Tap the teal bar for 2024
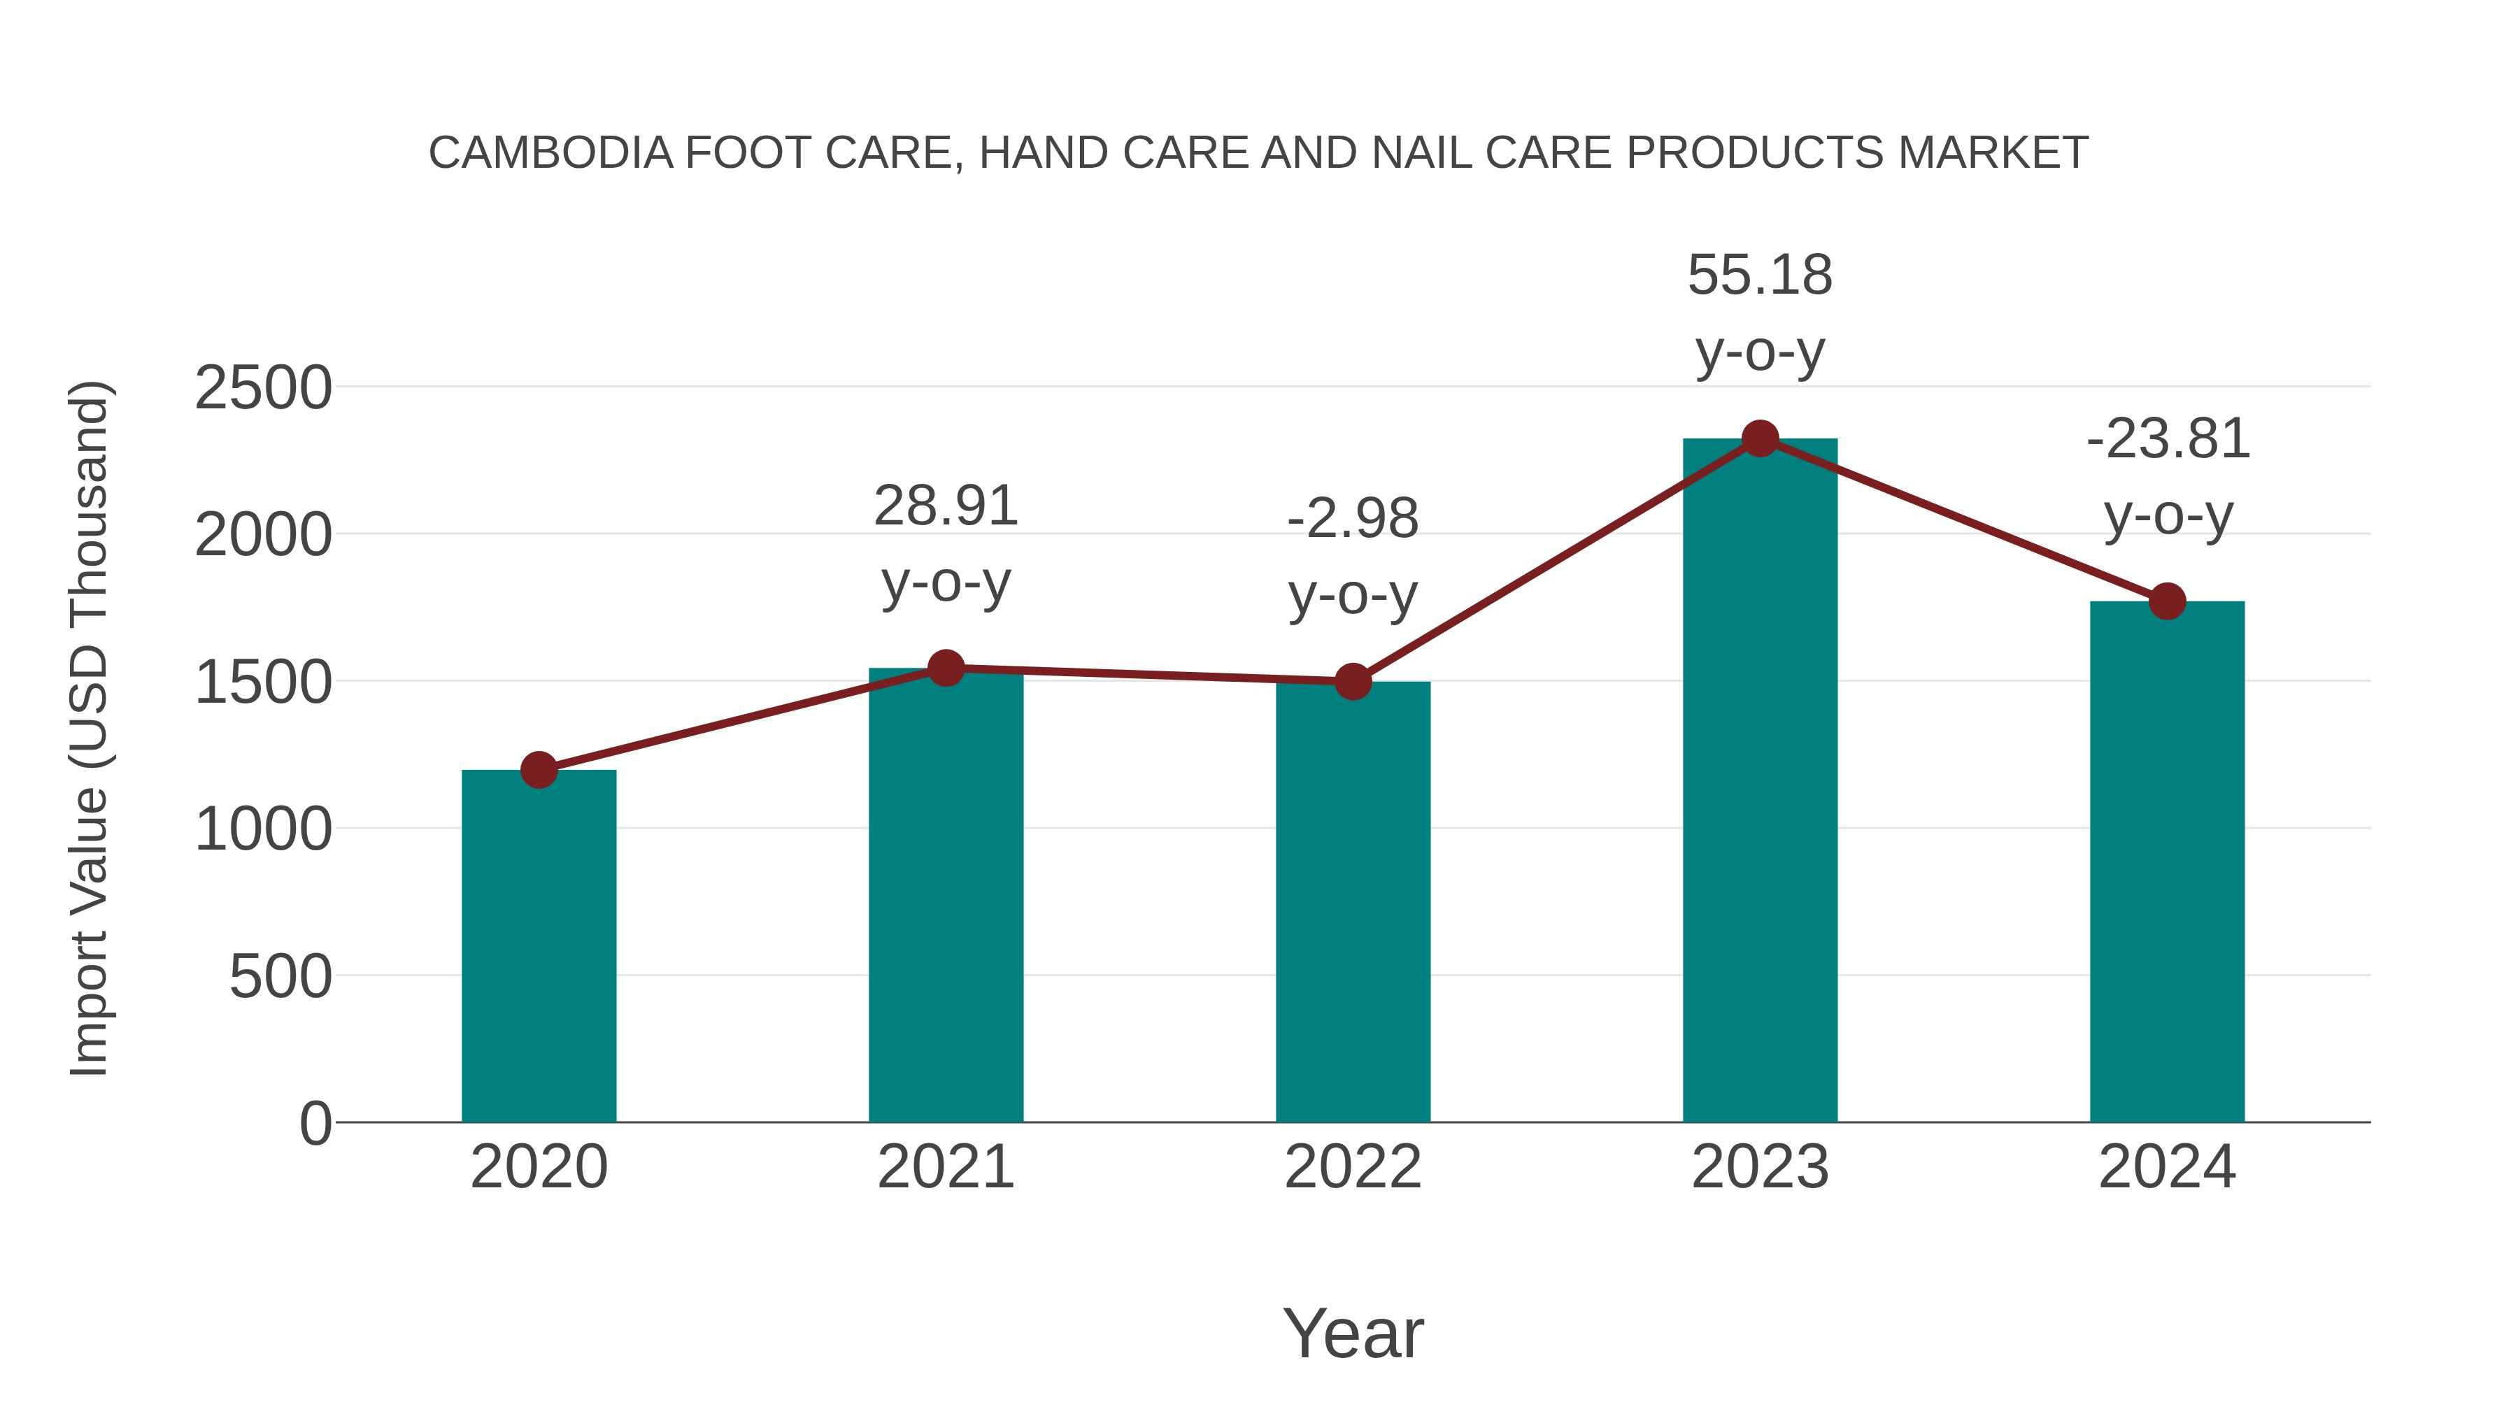[2167, 861]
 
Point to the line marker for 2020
[539, 770]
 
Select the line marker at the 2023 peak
[1760, 438]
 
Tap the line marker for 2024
[2167, 601]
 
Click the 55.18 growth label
[1760, 276]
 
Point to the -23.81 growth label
[2167, 440]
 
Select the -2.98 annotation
[1353, 519]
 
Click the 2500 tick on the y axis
[263, 388]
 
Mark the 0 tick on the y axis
[315, 1124]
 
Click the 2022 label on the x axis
[1353, 1167]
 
